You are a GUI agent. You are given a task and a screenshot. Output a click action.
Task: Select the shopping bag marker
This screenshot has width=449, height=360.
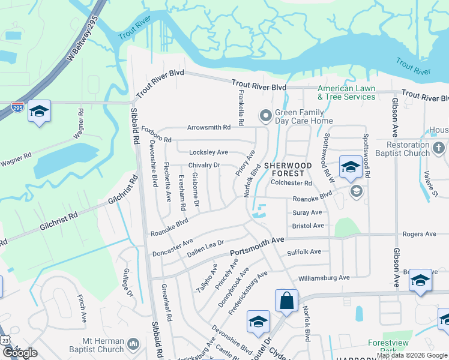tap(287, 301)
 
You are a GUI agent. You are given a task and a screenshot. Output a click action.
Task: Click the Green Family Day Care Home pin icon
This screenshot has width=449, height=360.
tap(265, 115)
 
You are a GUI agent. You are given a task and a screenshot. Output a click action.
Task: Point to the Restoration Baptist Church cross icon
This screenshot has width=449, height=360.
tap(439, 148)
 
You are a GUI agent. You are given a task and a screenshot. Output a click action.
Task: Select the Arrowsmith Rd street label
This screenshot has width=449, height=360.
tap(209, 128)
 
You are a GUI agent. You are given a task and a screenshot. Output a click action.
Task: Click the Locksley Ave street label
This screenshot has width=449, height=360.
tap(208, 152)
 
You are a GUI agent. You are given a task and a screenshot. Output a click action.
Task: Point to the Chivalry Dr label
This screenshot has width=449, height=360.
tap(205, 165)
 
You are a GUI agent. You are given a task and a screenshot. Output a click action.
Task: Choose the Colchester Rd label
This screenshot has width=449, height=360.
tap(291, 183)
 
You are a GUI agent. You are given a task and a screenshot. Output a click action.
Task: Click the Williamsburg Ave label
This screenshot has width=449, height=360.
tap(324, 278)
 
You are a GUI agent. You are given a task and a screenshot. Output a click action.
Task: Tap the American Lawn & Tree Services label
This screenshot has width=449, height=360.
tap(346, 93)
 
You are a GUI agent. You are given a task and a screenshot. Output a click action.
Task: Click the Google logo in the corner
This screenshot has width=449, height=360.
tap(20, 352)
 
